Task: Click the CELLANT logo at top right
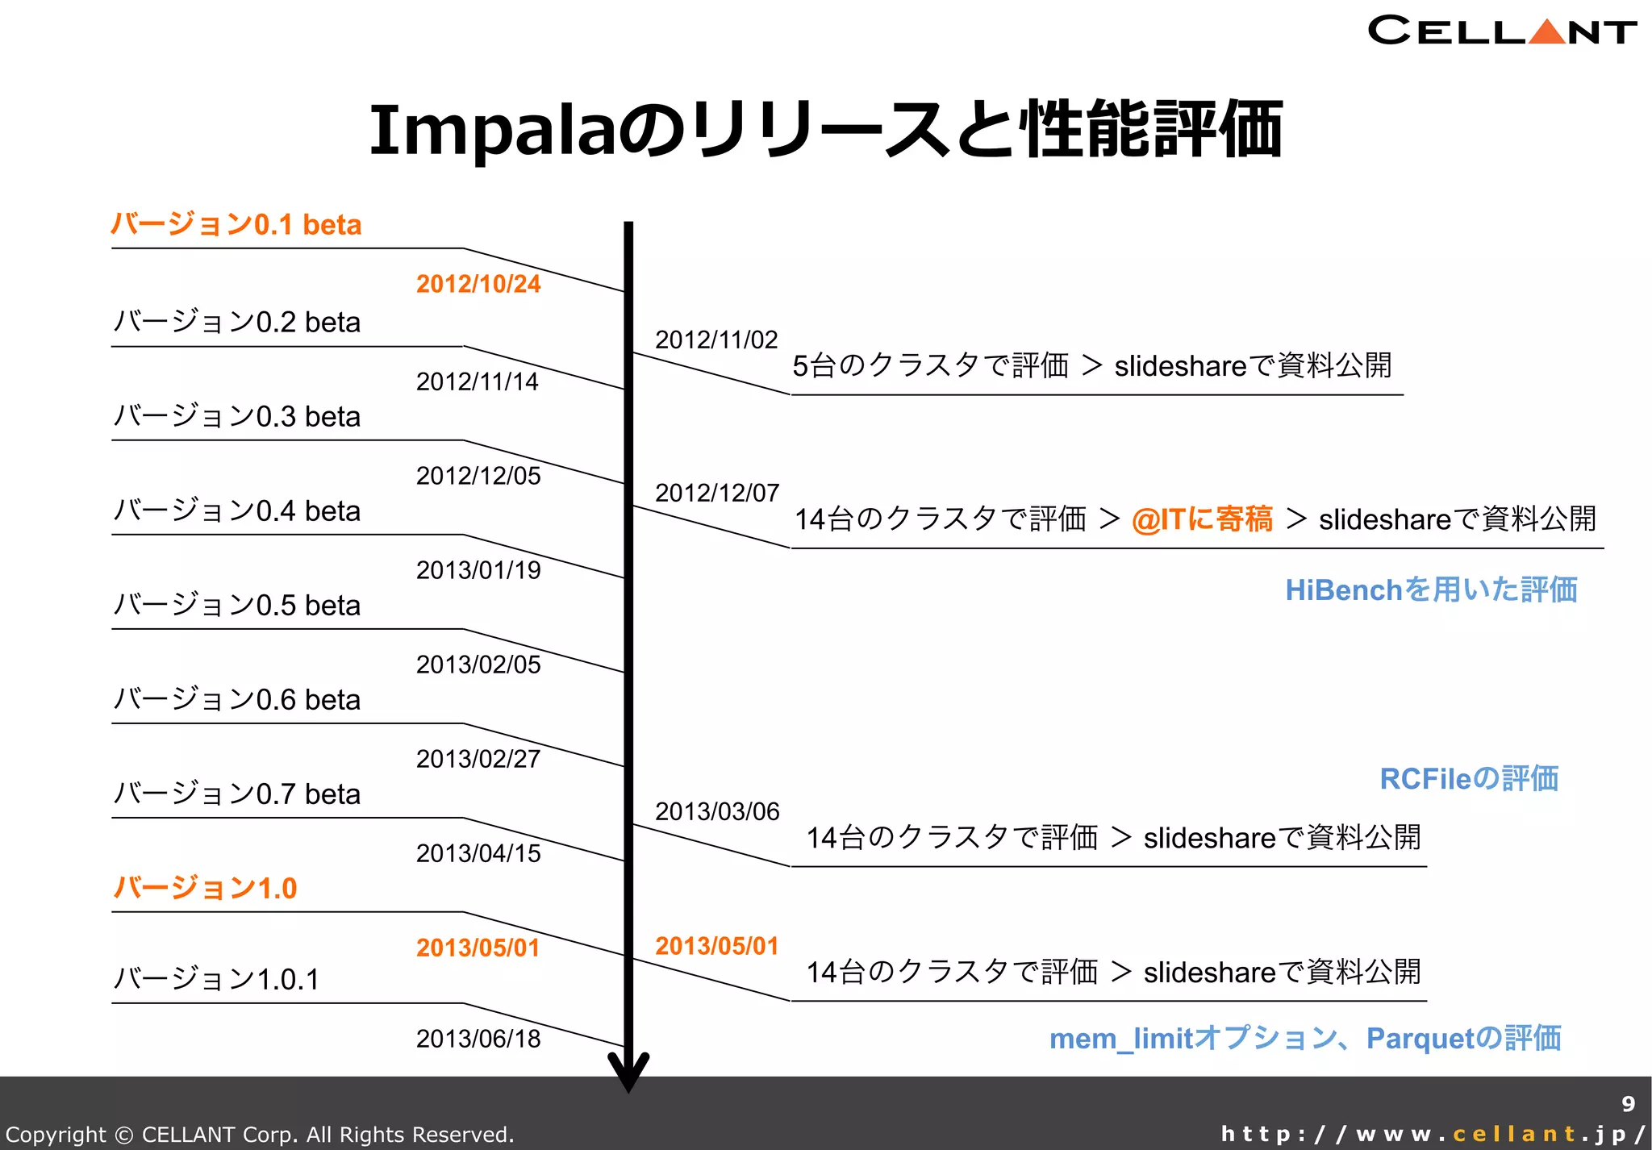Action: click(x=1501, y=31)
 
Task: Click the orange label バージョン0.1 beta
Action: click(x=236, y=224)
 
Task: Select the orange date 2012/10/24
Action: click(x=478, y=284)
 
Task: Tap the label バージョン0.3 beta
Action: click(x=236, y=416)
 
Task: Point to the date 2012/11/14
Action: click(x=477, y=381)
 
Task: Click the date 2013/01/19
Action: click(x=478, y=570)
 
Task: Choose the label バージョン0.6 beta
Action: click(x=236, y=699)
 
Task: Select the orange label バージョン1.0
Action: click(x=205, y=888)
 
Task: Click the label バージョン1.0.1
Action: click(x=215, y=979)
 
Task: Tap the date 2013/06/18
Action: click(x=478, y=1039)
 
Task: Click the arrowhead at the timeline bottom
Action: click(x=628, y=1073)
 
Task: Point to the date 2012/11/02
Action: click(x=715, y=340)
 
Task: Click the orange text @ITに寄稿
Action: click(x=1202, y=519)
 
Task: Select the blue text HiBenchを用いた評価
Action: click(x=1431, y=590)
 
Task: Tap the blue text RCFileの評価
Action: click(x=1468, y=778)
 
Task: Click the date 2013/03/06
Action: click(x=716, y=811)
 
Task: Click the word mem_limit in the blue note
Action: click(x=1120, y=1039)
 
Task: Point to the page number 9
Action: click(x=1628, y=1103)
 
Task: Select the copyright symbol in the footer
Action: click(x=124, y=1135)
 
